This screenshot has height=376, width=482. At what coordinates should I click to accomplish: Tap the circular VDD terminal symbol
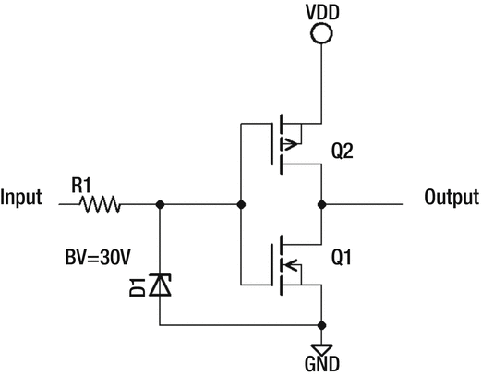pos(320,36)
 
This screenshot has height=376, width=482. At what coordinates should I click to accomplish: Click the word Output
pos(451,197)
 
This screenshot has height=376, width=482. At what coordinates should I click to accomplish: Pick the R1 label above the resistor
pos(82,185)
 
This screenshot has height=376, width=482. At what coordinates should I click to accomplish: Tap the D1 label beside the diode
pos(136,288)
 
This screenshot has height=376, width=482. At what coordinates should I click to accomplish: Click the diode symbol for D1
pos(161,287)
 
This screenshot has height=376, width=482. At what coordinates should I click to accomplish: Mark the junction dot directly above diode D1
pos(161,203)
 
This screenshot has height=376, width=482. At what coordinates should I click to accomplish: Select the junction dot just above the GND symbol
pos(320,325)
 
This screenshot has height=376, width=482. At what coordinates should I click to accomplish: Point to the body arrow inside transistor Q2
pos(293,143)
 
